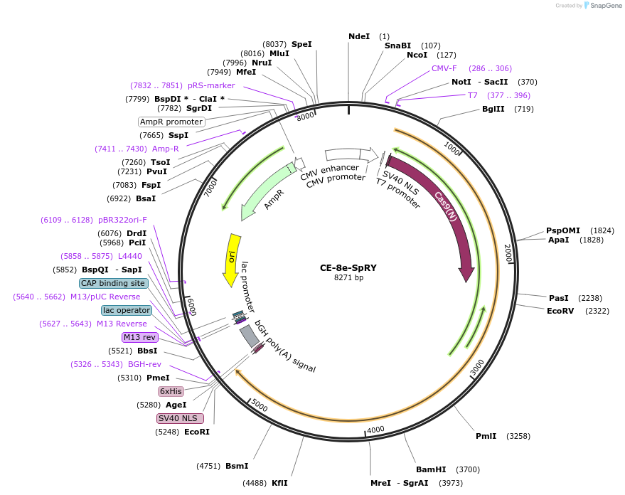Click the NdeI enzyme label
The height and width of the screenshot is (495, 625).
click(359, 36)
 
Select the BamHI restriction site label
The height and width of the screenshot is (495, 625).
click(431, 469)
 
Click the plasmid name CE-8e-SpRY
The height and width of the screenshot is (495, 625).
click(348, 267)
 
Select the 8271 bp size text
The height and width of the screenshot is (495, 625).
click(348, 277)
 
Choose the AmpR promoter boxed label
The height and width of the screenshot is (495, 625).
click(171, 122)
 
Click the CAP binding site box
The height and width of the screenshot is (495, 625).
click(114, 283)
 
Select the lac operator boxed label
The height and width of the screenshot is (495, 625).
click(127, 310)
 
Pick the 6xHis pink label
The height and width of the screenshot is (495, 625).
click(171, 391)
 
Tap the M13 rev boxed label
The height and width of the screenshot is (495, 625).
click(139, 337)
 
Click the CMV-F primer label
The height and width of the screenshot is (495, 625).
click(444, 68)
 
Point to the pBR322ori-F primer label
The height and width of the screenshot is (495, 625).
click(122, 220)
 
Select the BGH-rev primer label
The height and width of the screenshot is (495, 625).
click(144, 364)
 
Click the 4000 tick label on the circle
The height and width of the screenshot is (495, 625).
click(375, 430)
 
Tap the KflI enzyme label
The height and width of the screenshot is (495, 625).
click(279, 483)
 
